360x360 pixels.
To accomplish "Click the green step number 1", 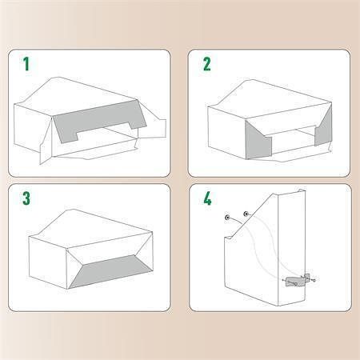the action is (x=26, y=64).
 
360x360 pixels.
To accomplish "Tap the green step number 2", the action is (x=207, y=64).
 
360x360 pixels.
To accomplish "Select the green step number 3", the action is (x=26, y=198).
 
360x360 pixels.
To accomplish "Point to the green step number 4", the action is (x=207, y=198).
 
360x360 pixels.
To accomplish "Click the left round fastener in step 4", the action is (x=227, y=218).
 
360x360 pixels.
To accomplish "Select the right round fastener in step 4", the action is (x=246, y=214).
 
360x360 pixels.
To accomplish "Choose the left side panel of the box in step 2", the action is (x=226, y=132).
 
